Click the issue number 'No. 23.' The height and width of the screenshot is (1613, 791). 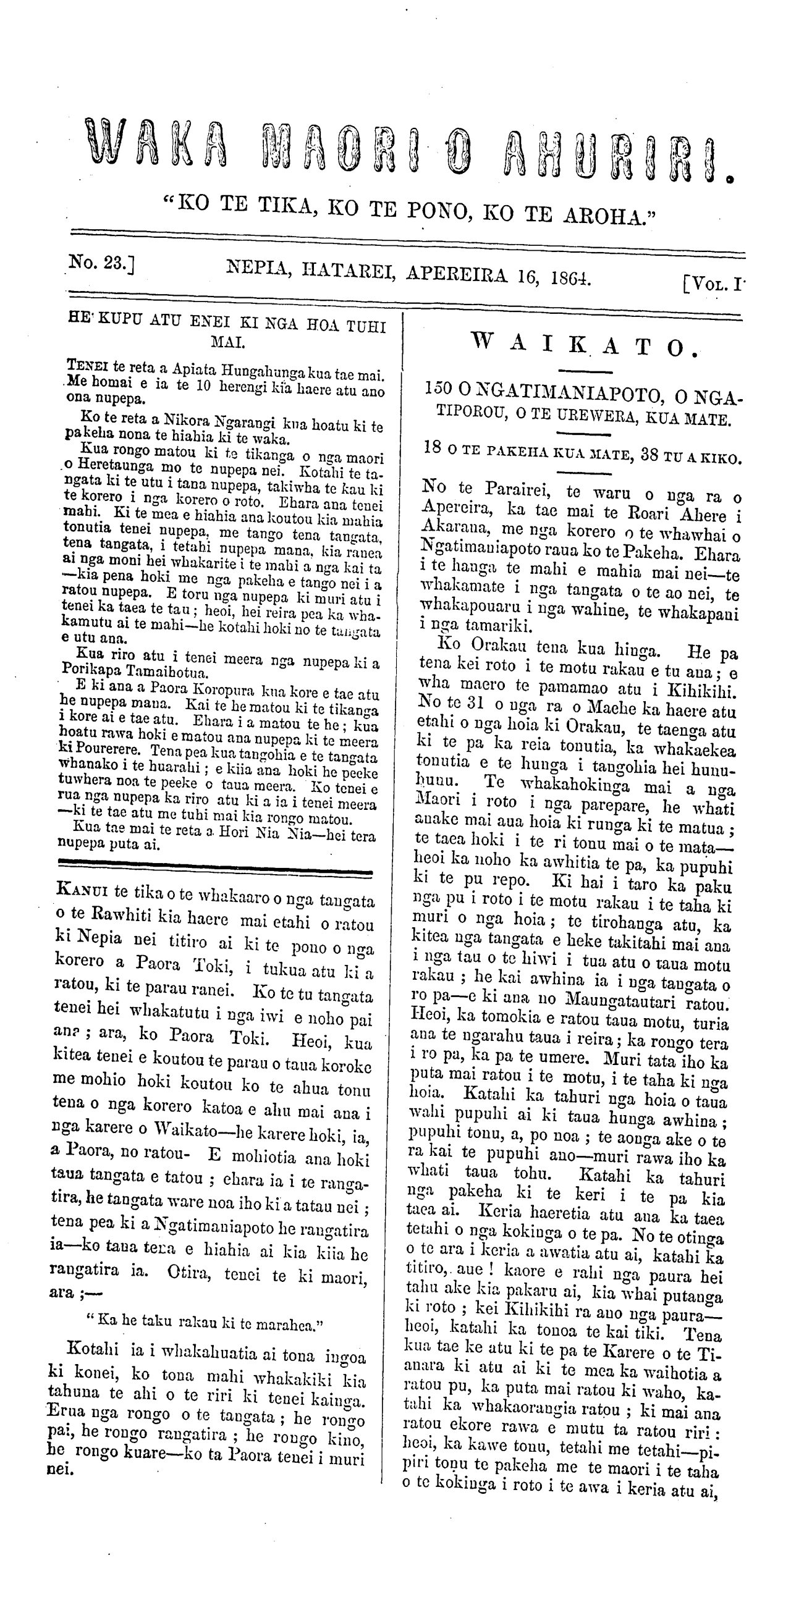tap(101, 264)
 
